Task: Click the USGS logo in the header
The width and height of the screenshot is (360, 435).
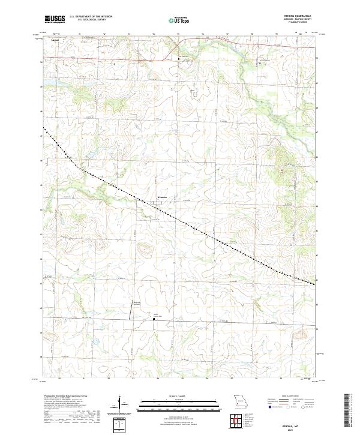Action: (x=55, y=19)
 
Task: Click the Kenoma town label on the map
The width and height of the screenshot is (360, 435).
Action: (x=163, y=196)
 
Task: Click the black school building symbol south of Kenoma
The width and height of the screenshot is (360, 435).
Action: (x=154, y=319)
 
